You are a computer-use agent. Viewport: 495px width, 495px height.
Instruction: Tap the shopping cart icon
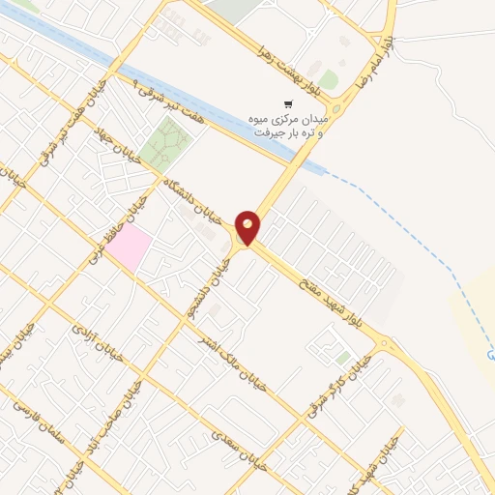286,104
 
